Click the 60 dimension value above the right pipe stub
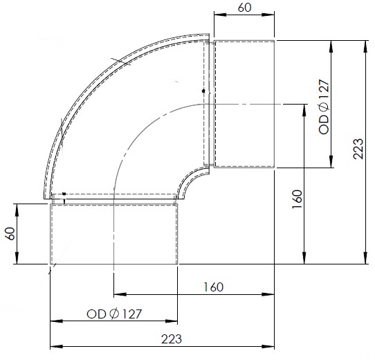pyautogui.click(x=245, y=8)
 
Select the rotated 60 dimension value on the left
pyautogui.click(x=11, y=233)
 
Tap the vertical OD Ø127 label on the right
pyautogui.click(x=324, y=107)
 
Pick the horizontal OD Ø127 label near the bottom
pyautogui.click(x=114, y=314)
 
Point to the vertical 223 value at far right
pyautogui.click(x=358, y=149)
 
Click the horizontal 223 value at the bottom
pyautogui.click(x=171, y=339)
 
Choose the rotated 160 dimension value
pyautogui.click(x=298, y=199)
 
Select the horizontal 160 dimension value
pyautogui.click(x=213, y=287)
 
